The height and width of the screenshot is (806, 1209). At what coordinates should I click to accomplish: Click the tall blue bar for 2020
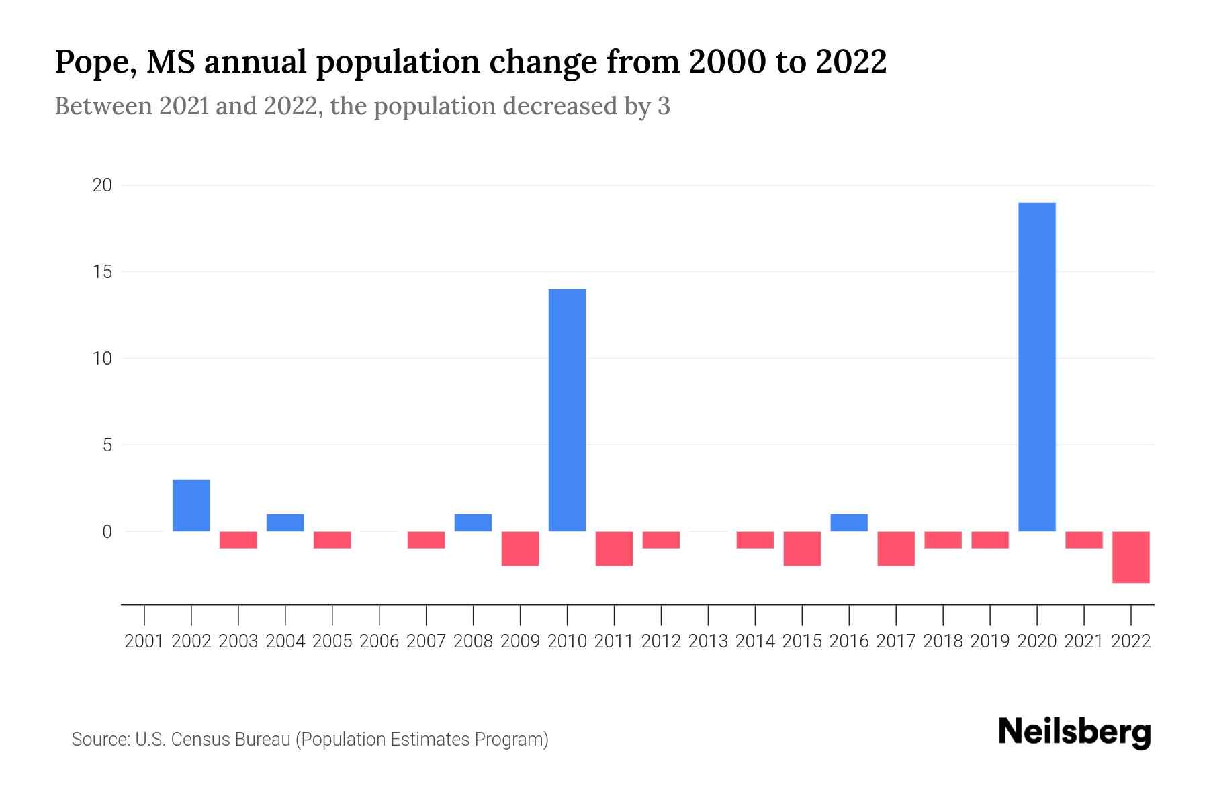coord(1036,367)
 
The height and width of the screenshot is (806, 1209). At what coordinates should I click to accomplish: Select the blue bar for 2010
coord(567,410)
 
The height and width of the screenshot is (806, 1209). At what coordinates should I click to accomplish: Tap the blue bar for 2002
coord(191,505)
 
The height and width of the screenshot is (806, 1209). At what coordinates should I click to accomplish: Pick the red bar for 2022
coord(1130,557)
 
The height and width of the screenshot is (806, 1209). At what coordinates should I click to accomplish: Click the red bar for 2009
coord(520,548)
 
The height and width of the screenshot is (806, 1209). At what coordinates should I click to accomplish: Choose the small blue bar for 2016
coord(849,523)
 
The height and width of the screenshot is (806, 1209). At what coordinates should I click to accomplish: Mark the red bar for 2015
coord(802,548)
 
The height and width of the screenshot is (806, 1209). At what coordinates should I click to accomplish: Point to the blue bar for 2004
coord(285,523)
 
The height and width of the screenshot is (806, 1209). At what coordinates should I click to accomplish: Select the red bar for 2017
coord(896,548)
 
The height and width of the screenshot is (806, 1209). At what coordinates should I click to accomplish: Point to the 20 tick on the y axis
coord(102,185)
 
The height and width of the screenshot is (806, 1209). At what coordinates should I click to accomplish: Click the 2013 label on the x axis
coord(708,641)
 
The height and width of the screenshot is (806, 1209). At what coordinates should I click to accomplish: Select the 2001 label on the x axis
coord(144,641)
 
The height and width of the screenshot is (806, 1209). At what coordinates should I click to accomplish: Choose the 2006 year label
coord(379,641)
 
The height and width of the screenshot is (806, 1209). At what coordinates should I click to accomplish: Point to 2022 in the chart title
coord(851,62)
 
